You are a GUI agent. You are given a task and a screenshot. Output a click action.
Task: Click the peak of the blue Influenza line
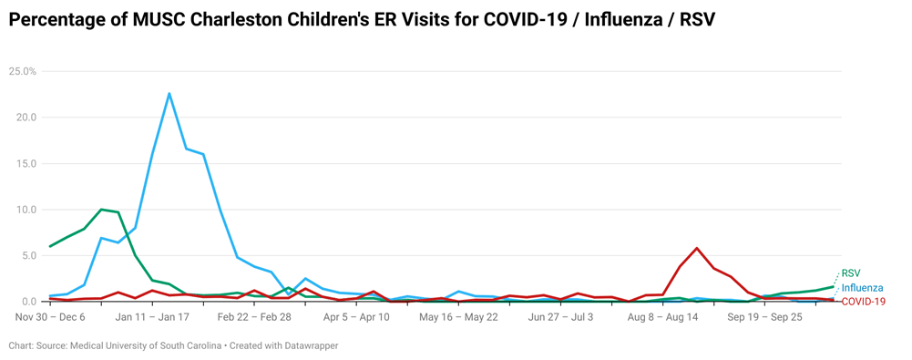tap(169, 93)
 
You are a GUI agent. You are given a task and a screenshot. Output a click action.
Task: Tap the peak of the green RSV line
tap(101, 210)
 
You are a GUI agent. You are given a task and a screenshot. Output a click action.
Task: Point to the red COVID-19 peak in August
tap(697, 248)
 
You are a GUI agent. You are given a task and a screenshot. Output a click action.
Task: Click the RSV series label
tap(850, 273)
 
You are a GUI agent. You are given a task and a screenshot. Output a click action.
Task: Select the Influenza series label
tap(862, 288)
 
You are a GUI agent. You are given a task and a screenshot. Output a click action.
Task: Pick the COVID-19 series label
tap(862, 302)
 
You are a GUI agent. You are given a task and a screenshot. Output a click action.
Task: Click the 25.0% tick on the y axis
tap(22, 71)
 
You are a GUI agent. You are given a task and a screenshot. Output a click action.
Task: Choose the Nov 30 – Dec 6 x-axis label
tap(50, 317)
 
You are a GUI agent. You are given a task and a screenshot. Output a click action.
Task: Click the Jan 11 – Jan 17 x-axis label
tap(152, 317)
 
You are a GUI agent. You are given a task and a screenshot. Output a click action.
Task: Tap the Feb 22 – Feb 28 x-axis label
tap(255, 317)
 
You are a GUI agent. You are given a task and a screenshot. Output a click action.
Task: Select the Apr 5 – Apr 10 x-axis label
tap(356, 317)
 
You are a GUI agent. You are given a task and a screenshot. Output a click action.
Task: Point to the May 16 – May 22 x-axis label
tap(458, 317)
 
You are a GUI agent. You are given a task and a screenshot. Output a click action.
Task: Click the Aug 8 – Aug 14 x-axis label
tap(663, 317)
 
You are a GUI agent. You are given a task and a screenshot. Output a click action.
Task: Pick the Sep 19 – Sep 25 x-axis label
tap(765, 317)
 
